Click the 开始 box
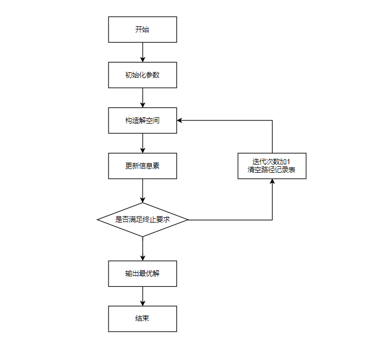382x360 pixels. tap(142, 29)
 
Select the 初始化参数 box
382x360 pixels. tap(142, 75)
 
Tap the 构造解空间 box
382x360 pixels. tap(142, 120)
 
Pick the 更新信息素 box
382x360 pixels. tap(142, 166)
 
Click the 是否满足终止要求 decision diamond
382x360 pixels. tap(142, 219)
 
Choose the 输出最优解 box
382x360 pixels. tap(142, 273)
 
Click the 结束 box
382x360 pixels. tap(142, 319)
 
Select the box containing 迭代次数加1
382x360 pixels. tap(272, 166)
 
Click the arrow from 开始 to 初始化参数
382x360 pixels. tap(143, 52)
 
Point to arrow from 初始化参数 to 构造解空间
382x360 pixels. tap(143, 97)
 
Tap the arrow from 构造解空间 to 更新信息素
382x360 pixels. tap(143, 143)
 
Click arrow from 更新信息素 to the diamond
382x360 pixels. tap(143, 190)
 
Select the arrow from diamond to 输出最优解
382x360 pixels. tap(143, 248)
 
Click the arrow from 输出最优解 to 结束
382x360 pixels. tap(143, 296)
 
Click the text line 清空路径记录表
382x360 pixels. tap(272, 171)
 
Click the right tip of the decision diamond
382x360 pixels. tap(188, 220)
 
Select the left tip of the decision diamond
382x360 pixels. tap(98, 220)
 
